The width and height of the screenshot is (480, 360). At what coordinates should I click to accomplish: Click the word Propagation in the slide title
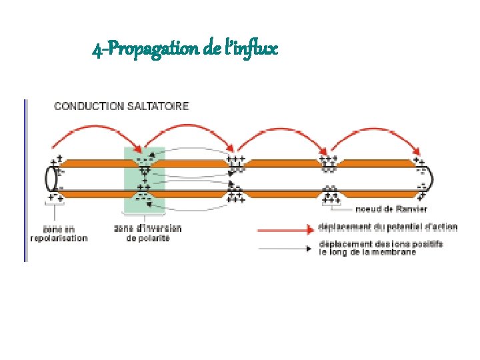[x=143, y=49]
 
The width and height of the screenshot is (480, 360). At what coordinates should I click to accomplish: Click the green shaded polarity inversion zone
[x=144, y=179]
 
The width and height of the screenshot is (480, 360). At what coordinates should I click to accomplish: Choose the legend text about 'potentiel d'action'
[x=388, y=227]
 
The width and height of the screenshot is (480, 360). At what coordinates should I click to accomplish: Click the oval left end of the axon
[x=50, y=179]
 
